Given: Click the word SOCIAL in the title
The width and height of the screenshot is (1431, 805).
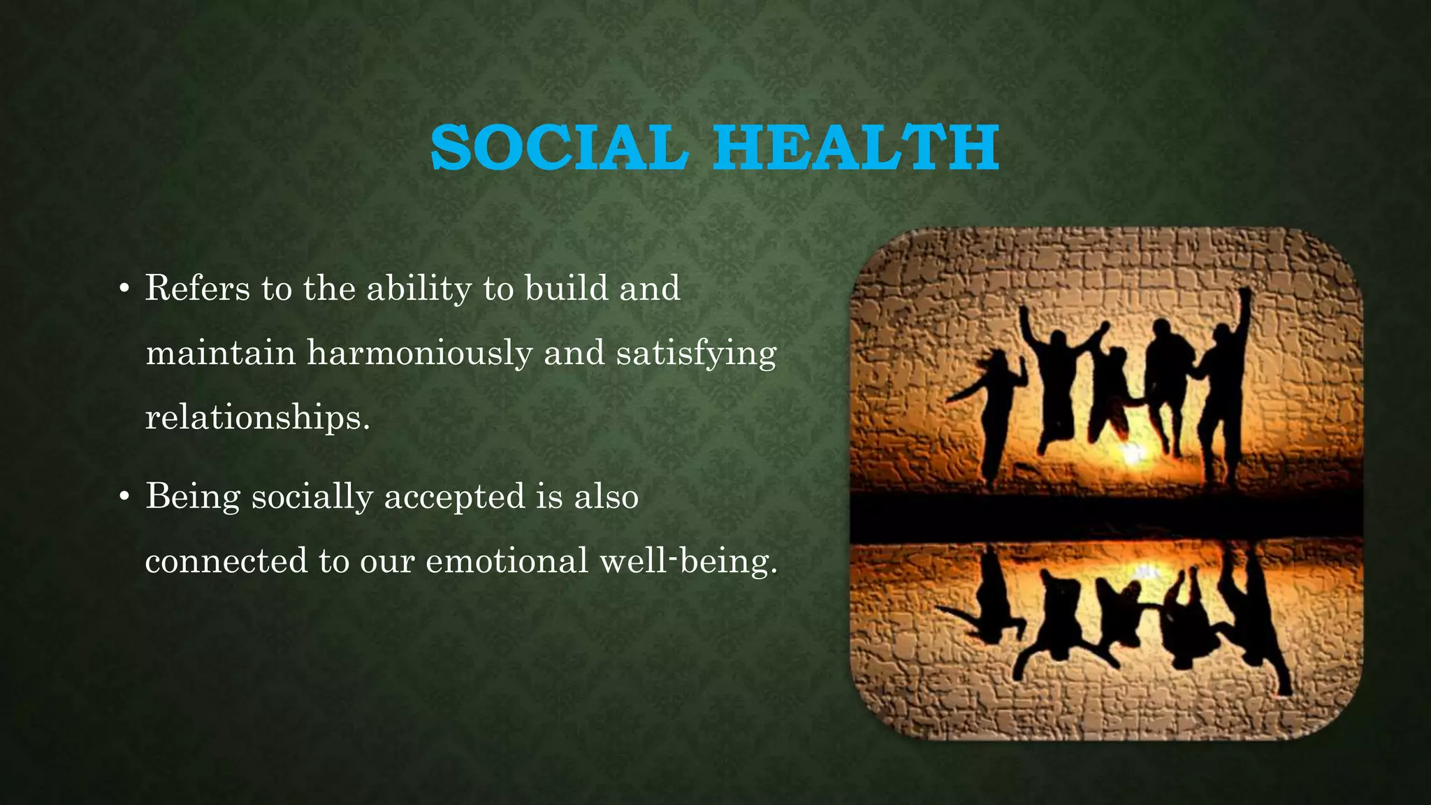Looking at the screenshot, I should tap(555, 147).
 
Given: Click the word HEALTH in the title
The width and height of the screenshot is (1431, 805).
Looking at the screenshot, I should tap(856, 147).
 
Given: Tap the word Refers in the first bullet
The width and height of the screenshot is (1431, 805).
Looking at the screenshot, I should tap(198, 289).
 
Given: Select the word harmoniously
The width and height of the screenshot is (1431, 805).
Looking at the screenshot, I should tap(419, 353).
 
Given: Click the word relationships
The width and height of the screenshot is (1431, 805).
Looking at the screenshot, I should tap(256, 418).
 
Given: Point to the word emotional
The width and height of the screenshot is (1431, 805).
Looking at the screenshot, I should tap(507, 561).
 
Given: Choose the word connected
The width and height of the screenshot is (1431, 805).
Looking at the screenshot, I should tap(226, 561).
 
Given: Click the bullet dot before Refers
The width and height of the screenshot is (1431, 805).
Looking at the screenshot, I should tap(124, 289).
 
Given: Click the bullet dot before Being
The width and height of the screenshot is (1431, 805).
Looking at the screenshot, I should tap(124, 498).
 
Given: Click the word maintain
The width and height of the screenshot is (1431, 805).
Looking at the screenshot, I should tap(220, 353).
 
